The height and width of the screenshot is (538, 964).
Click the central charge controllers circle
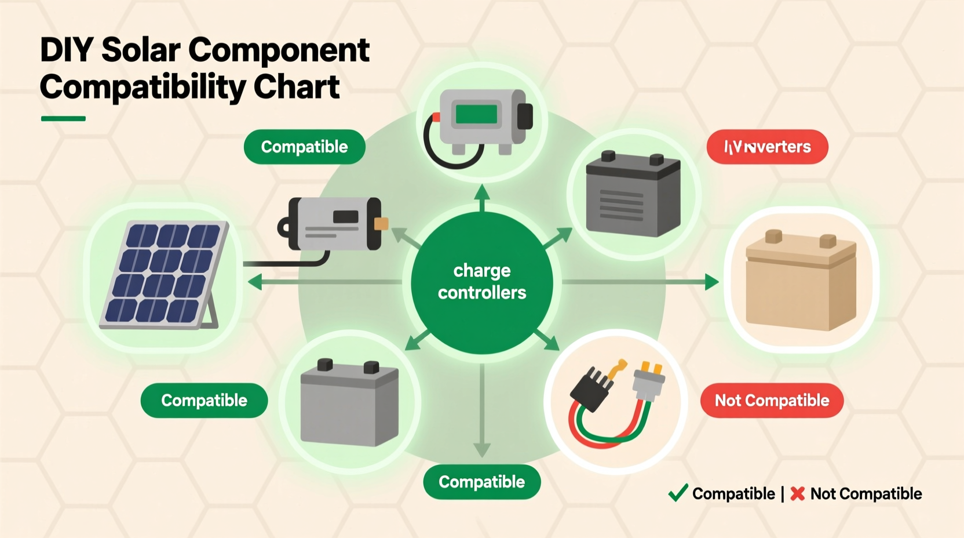pos(482,282)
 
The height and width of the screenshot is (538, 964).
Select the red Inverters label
pos(767,147)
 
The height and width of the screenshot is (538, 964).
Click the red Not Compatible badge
pos(772,401)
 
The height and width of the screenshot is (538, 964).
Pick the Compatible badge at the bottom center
pos(482,482)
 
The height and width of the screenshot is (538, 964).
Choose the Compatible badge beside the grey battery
pos(204,401)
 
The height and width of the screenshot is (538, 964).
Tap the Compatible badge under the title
pos(304,147)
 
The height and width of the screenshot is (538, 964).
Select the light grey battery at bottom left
pos(349,403)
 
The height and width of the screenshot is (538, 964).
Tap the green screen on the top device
pos(476,114)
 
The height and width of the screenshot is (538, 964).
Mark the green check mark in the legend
pos(678,493)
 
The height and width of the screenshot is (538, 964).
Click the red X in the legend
pos(798,494)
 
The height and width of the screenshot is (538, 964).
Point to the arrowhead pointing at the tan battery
pos(712,282)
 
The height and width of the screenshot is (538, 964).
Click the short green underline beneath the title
pos(63,118)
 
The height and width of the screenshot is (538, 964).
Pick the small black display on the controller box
pos(345,217)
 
